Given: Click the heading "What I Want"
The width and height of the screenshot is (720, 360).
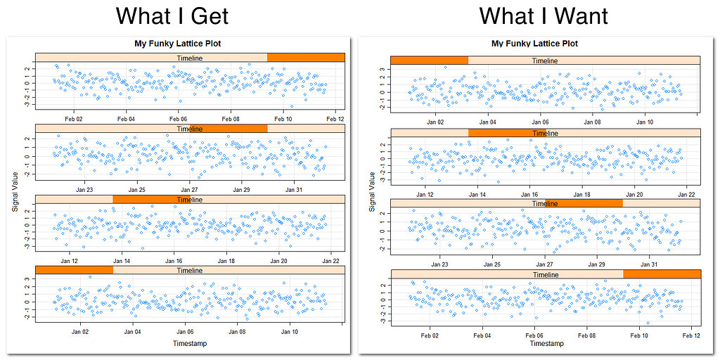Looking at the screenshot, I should tap(544, 15).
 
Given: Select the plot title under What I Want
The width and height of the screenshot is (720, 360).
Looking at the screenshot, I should tap(546, 44).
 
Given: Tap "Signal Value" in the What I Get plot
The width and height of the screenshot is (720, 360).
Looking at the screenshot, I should tap(28, 189).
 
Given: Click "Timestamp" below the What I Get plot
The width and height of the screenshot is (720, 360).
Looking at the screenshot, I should tap(191, 343).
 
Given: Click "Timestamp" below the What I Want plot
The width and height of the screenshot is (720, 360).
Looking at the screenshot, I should tap(546, 344).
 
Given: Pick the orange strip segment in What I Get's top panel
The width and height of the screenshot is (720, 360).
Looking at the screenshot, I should tap(306, 57).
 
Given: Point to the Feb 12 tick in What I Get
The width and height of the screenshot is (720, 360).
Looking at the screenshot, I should tap(334, 120).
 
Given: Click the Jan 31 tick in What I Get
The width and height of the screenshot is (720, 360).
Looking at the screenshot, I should tap(294, 190).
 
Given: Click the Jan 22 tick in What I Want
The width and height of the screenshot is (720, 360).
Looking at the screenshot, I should tap(686, 195).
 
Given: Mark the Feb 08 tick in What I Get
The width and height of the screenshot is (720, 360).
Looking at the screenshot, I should tap(231, 120).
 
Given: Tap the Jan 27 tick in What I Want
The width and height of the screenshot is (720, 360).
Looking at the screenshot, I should tap(545, 265).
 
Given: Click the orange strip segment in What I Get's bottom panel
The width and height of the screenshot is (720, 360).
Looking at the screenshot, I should tap(73, 271).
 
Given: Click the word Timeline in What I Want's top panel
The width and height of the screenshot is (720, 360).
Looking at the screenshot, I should tap(545, 60).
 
